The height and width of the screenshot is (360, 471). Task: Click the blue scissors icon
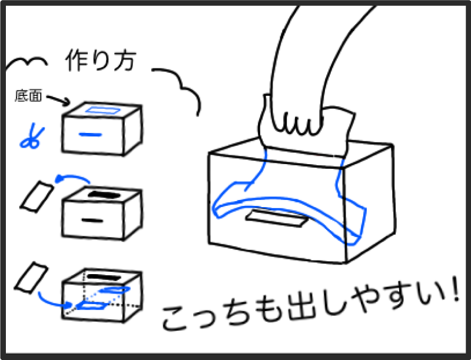pos(31,136)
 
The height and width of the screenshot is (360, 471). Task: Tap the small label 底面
pos(28,96)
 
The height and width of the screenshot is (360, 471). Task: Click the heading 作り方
pos(101,61)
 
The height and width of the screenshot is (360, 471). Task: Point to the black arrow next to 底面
pos(58,100)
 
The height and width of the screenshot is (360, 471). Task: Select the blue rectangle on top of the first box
pos(103,110)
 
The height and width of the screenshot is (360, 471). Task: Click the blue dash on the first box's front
pos(91,135)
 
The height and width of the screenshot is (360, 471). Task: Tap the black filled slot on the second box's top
pos(104,195)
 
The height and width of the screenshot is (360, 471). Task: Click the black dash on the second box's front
pos(92,221)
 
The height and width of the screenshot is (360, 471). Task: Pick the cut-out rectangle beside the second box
pos(37,196)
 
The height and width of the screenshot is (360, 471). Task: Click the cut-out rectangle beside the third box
pos(31,278)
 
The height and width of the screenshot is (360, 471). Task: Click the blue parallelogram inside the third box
pos(91,306)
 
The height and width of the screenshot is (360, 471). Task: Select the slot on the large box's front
pos(277,218)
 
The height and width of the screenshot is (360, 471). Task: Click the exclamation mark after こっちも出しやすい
pos(455,288)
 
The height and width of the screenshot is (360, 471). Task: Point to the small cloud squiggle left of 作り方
pos(26,63)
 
